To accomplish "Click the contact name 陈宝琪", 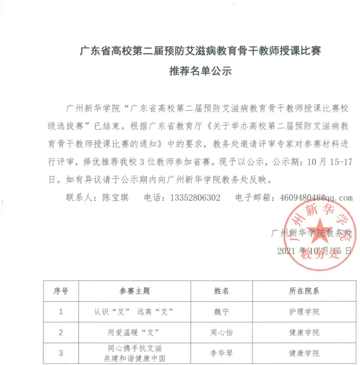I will click(x=115, y=198).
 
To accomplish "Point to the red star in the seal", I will click(x=318, y=229).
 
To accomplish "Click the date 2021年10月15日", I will click(x=314, y=251).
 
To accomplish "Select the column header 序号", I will click(x=61, y=291).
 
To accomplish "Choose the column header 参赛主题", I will click(x=134, y=291).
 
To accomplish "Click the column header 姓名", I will click(x=222, y=291).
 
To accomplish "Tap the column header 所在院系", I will click(x=304, y=291).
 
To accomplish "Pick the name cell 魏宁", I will click(x=222, y=312).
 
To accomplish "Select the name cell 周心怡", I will click(x=222, y=333).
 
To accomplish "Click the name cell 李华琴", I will click(x=222, y=353).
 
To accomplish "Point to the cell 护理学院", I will click(x=304, y=312).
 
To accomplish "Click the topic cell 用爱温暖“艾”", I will click(x=134, y=333).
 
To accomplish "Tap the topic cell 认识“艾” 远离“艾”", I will click(x=134, y=312).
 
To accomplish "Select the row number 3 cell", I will click(x=61, y=353).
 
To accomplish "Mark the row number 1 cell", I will click(x=61, y=312).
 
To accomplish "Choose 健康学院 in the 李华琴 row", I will click(x=304, y=353).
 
